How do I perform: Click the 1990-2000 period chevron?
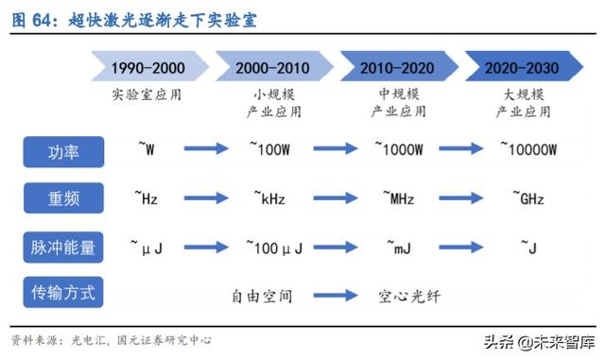[x=148, y=68]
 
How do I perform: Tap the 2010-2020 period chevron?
[x=398, y=68]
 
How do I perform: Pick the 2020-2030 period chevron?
[x=521, y=68]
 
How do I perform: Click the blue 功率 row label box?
[x=63, y=150]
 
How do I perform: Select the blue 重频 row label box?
[x=63, y=198]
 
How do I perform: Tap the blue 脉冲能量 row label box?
[x=63, y=247]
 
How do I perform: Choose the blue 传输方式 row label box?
[x=63, y=293]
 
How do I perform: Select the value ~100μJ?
[x=274, y=248]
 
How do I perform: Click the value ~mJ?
[x=397, y=248]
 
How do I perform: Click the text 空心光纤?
[x=409, y=295]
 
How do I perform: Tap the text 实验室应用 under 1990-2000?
[x=147, y=94]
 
